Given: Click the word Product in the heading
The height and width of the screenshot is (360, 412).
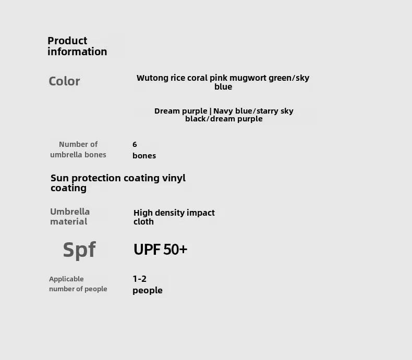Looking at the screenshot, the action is point(67,41).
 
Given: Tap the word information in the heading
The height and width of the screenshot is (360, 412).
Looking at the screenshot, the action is point(77,52).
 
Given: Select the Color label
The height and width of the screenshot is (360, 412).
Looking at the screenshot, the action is point(64,81).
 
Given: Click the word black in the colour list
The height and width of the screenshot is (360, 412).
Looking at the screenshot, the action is point(196,119).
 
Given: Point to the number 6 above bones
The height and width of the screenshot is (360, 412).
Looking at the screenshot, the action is point(135,144).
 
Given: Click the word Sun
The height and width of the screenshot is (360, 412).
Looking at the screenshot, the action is point(60,178).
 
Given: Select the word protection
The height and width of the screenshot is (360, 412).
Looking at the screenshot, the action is point(96,178).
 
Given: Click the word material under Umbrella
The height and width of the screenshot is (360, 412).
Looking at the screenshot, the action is point(68,221).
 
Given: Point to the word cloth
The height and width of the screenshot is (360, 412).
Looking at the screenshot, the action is point(143,221).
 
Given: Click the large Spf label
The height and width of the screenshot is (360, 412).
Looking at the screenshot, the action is point(79,250).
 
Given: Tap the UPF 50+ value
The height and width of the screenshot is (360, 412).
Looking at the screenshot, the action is point(160,249).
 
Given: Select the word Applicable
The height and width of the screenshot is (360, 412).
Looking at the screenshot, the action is point(66,279).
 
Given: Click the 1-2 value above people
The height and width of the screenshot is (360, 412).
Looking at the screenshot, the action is point(140,279).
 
